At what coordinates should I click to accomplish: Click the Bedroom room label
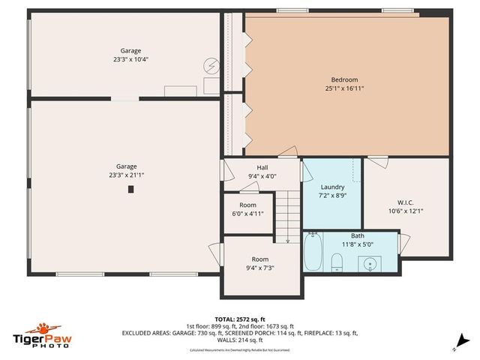pos(345,79)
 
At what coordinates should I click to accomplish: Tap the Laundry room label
pos(332,187)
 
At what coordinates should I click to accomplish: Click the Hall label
pos(262,168)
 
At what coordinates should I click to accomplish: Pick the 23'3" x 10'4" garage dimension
pos(130,60)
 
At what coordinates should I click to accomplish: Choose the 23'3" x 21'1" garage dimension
pos(126,175)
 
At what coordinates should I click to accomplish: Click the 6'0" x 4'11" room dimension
pos(247,214)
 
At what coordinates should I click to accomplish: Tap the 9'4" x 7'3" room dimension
pos(259,268)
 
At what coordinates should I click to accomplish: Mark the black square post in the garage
pos(130,190)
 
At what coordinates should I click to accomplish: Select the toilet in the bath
pos(337,261)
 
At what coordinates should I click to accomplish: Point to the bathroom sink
pos(368,262)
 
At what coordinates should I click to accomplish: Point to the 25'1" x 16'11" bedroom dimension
pos(345,88)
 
